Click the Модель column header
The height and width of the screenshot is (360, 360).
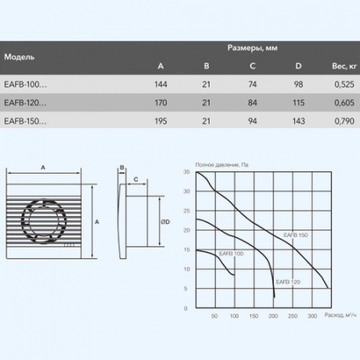click(x=19, y=57)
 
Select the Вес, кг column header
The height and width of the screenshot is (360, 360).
click(x=344, y=66)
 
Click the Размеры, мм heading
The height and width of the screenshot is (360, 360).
click(x=252, y=48)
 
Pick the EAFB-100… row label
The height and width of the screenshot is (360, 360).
click(x=26, y=84)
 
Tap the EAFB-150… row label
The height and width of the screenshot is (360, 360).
click(x=26, y=121)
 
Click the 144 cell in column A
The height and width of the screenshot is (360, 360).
click(x=161, y=85)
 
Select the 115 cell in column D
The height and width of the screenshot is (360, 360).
click(x=298, y=103)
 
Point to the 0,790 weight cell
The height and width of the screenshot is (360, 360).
click(x=344, y=122)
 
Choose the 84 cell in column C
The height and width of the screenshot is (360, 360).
click(x=252, y=103)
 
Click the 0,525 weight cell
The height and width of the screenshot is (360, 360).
click(x=344, y=85)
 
